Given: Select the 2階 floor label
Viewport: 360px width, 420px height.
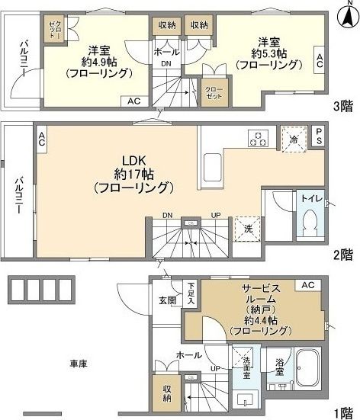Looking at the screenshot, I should tap(341, 253).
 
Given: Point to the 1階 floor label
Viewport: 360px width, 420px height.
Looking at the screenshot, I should tap(341, 412).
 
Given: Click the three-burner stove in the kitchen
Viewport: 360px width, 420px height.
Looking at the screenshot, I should tap(259, 138).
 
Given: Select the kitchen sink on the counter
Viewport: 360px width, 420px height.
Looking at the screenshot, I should tap(211, 163).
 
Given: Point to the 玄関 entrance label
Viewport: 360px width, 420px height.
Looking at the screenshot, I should tap(168, 300).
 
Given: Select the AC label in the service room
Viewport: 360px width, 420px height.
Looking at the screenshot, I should tap(309, 285).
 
